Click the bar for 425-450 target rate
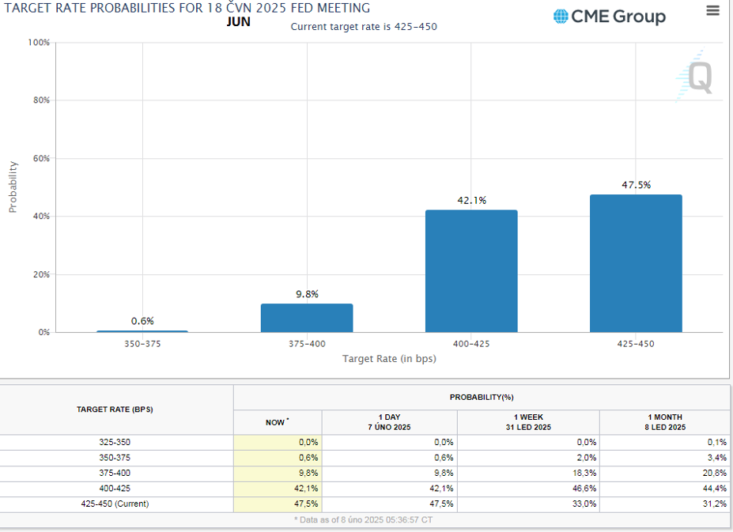click(636, 263)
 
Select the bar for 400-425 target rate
click(471, 271)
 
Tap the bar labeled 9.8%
click(307, 318)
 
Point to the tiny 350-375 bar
click(142, 331)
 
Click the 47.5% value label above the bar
click(636, 185)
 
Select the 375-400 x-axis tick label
click(307, 344)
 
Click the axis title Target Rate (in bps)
click(389, 359)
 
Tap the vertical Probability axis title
click(13, 187)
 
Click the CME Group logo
click(610, 17)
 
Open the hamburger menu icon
click(712, 11)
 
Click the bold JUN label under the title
click(238, 22)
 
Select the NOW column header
click(277, 422)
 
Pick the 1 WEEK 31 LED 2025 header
click(527, 422)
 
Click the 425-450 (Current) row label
click(115, 504)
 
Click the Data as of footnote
click(363, 520)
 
